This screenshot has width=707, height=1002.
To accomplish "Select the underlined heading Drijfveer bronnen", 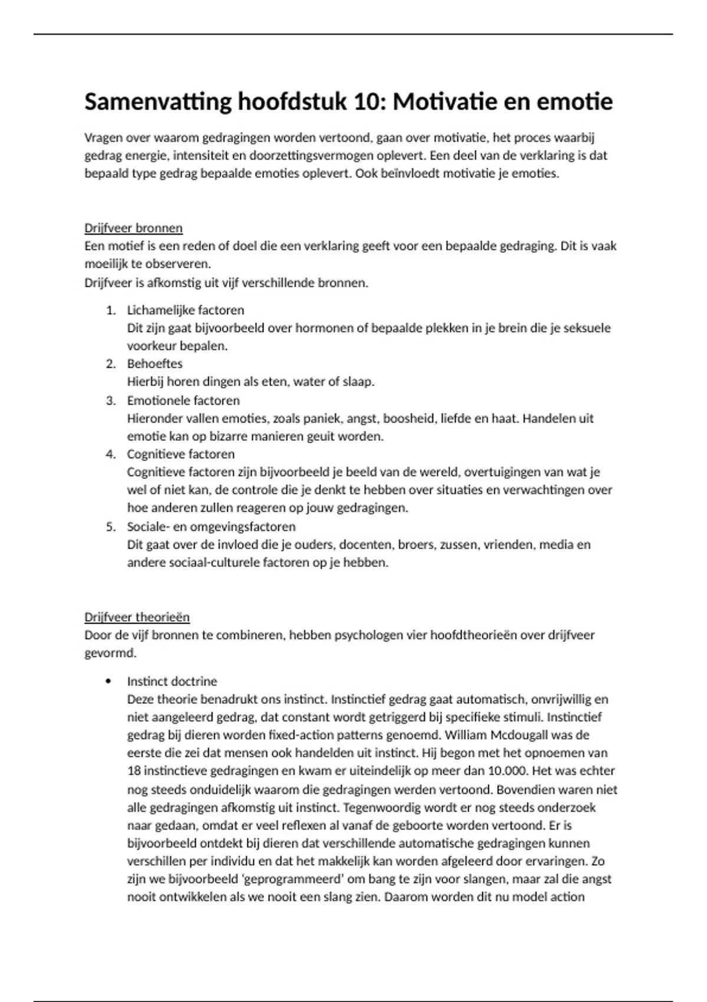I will [x=133, y=228].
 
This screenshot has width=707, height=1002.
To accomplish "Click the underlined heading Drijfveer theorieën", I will [x=137, y=617].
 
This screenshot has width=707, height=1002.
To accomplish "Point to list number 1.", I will [x=110, y=310].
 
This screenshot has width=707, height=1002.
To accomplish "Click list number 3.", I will [x=110, y=401].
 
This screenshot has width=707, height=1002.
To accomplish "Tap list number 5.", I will [x=110, y=526].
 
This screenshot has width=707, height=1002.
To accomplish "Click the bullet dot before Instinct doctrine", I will [x=108, y=681].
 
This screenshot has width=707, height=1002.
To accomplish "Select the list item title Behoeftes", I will [x=154, y=364].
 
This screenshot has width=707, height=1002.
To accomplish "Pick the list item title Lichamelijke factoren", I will [x=185, y=310].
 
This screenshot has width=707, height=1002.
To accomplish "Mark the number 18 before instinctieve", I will [x=134, y=771].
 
